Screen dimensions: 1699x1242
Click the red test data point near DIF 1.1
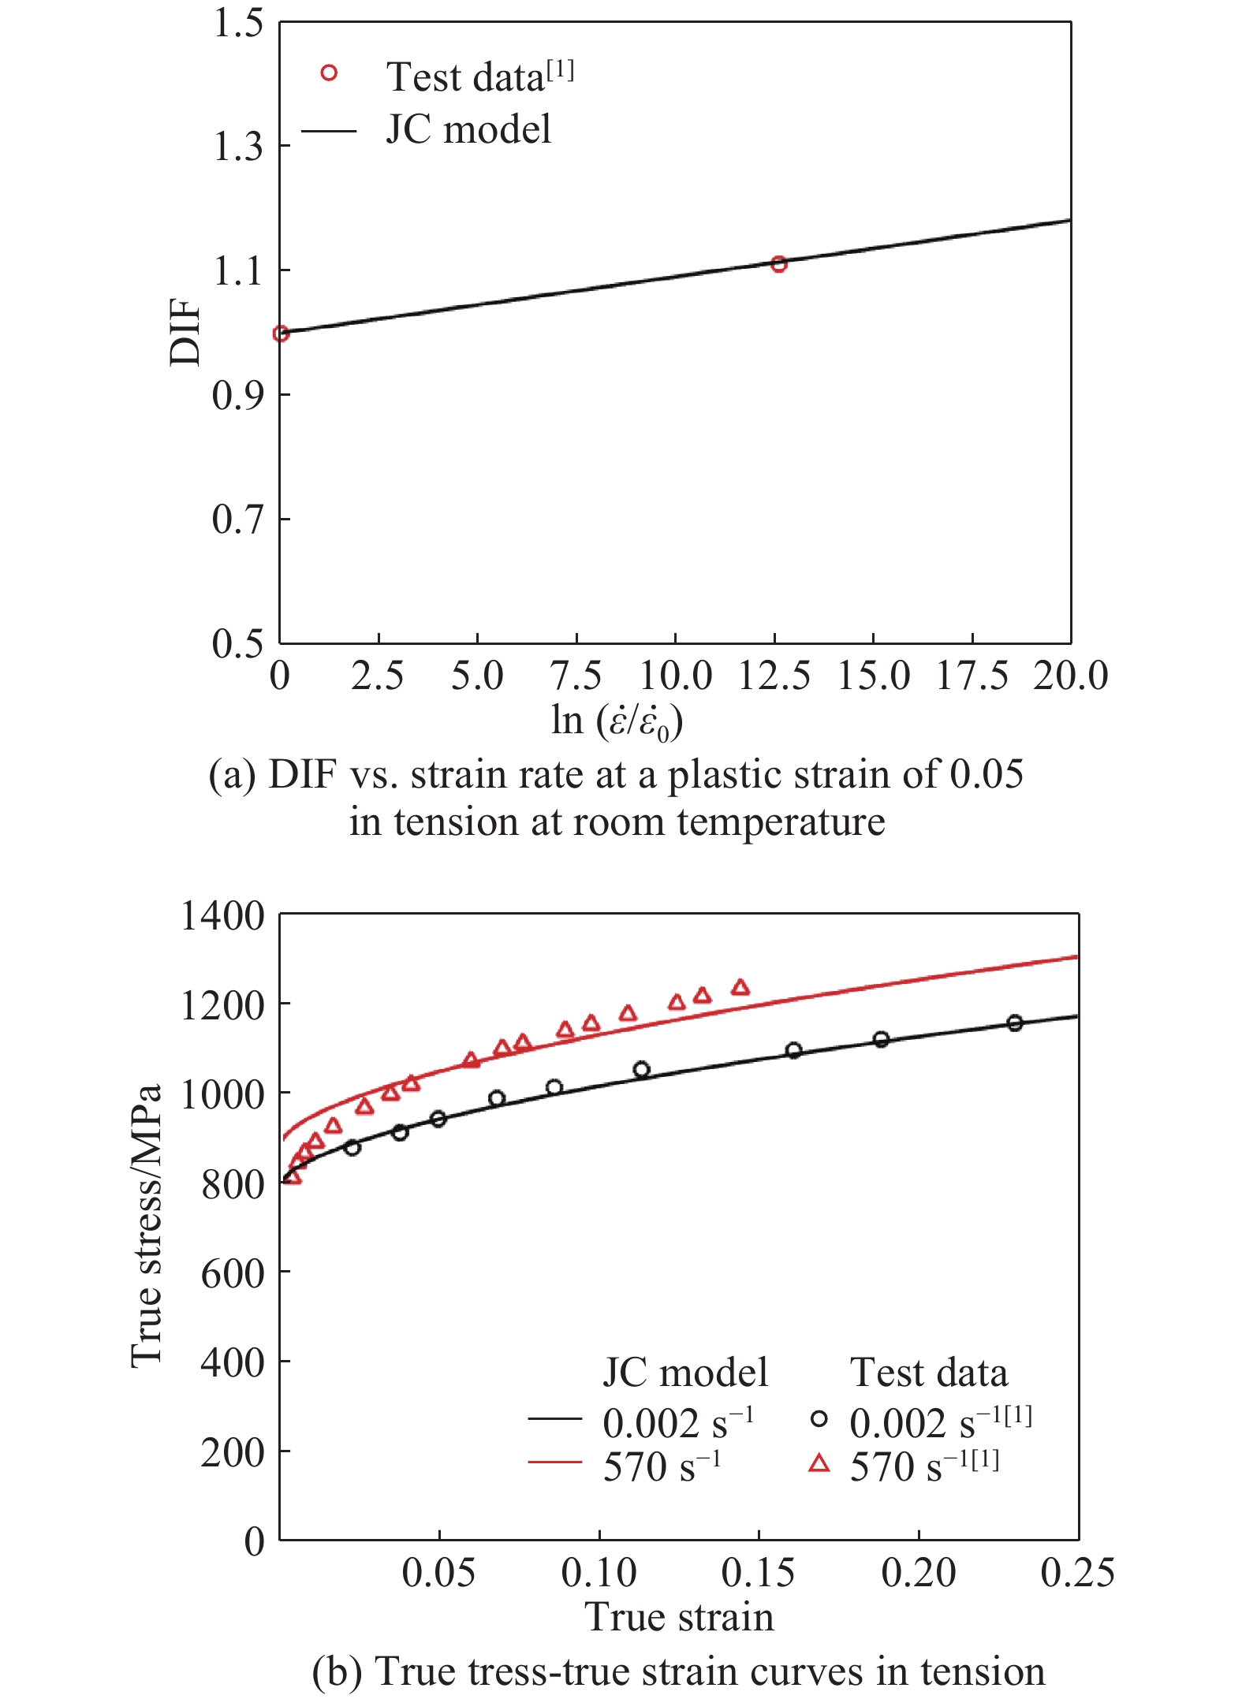(778, 264)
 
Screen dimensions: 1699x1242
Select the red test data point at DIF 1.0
(281, 333)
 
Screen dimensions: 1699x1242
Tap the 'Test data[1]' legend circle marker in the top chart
(329, 73)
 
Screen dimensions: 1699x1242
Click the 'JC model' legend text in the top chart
(468, 129)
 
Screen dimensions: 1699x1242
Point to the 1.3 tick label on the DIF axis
(237, 147)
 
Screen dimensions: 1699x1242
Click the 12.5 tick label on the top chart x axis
(774, 676)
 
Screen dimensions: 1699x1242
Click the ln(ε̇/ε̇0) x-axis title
(617, 721)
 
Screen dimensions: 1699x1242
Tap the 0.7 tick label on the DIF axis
(237, 520)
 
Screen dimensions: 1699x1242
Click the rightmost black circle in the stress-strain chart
(1015, 1023)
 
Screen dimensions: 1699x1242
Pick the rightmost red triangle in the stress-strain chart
(740, 988)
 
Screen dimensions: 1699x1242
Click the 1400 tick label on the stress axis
(222, 916)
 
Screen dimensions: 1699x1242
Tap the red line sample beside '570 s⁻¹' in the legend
(554, 1462)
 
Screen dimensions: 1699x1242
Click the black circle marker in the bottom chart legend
(819, 1419)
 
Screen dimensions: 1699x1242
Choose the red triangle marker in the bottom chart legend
(819, 1463)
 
